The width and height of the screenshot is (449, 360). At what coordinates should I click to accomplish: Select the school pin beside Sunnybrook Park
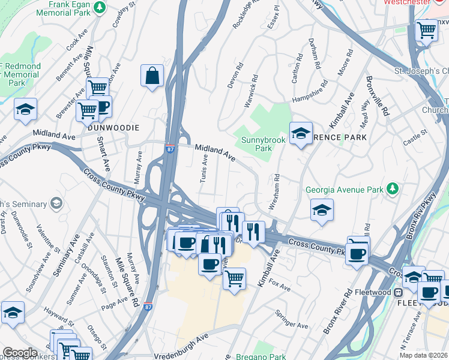[301, 134]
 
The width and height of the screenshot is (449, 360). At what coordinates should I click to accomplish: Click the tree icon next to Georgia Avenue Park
[393, 190]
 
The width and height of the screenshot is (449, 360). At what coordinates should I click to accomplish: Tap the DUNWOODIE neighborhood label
[113, 128]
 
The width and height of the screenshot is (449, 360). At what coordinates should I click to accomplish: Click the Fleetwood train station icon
[398, 292]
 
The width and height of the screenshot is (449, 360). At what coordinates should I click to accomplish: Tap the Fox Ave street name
[280, 284]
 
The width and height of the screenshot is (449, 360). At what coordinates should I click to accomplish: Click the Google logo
[20, 353]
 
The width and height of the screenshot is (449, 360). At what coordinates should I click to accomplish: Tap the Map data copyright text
[424, 355]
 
